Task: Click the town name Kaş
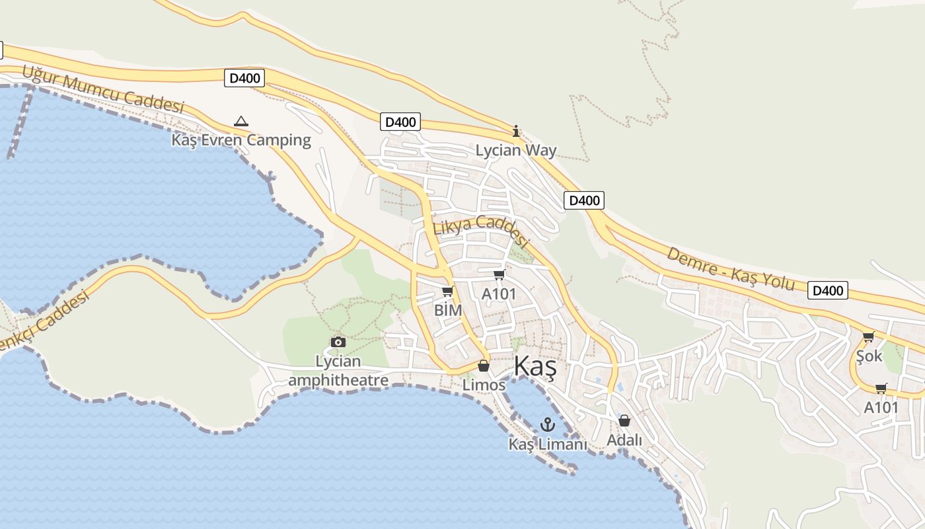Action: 535,366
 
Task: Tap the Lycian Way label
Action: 516,150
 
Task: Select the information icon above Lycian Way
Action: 516,131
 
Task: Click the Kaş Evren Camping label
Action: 241,140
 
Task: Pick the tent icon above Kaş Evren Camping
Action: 241,121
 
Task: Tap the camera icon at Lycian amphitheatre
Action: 338,342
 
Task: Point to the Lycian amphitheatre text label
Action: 338,371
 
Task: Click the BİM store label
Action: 447,309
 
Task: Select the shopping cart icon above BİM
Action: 447,291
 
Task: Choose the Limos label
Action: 484,384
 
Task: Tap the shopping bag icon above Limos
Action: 484,366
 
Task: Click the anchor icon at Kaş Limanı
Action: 547,425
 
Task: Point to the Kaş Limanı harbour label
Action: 547,444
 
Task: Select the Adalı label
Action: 624,439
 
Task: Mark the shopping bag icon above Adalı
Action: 624,421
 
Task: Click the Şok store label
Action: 869,356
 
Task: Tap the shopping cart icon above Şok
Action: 869,337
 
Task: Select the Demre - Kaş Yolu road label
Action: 730,268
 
